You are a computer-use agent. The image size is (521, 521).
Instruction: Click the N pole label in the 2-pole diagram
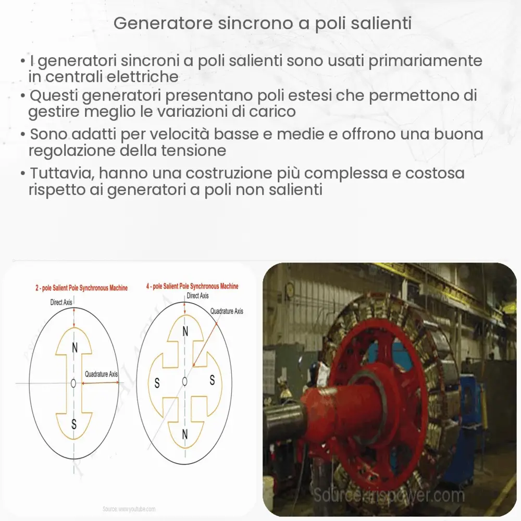pos(74,348)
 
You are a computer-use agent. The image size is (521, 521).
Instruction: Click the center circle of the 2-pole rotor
pos(73,383)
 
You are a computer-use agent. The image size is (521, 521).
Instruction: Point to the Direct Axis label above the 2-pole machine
pos(61,302)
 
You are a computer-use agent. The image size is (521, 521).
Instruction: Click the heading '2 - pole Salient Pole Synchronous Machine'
pos(81,288)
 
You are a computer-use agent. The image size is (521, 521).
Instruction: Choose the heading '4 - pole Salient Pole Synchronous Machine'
pos(192,286)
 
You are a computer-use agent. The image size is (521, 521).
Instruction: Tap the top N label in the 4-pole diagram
pos(185,331)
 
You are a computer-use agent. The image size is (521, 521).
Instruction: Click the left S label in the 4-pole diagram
pos(157,384)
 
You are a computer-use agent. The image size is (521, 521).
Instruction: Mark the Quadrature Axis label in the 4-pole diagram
pos(227,311)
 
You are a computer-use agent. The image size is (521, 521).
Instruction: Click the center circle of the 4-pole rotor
pos(184,381)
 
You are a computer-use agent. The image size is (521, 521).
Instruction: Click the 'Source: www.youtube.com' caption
pos(129,508)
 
